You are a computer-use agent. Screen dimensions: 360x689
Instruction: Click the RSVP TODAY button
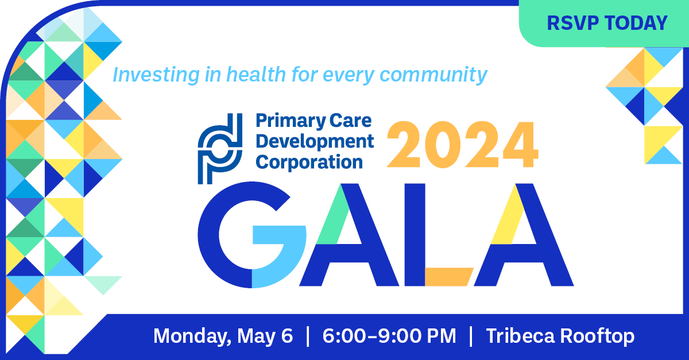click(x=607, y=23)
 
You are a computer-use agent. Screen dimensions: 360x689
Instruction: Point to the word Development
click(x=315, y=141)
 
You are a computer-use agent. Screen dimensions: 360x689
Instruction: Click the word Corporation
click(x=309, y=161)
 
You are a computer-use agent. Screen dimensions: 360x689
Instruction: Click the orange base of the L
click(x=448, y=277)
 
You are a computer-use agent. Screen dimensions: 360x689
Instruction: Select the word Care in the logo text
click(x=351, y=121)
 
